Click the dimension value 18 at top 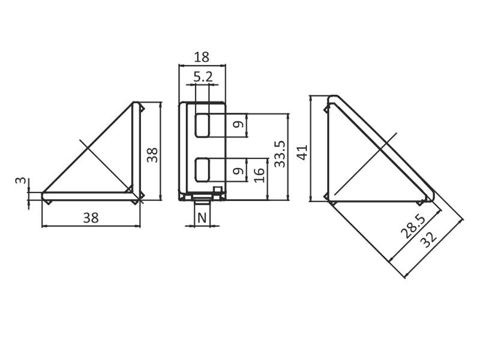202,57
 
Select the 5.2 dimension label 203,77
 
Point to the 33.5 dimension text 279,155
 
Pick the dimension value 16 259,175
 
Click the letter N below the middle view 202,217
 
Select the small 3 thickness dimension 20,181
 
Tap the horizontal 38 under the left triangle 91,218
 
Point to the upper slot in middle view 203,125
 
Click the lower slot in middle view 203,170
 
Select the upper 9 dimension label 238,125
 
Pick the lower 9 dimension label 238,171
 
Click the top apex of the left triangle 136,103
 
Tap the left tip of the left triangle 43,194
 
